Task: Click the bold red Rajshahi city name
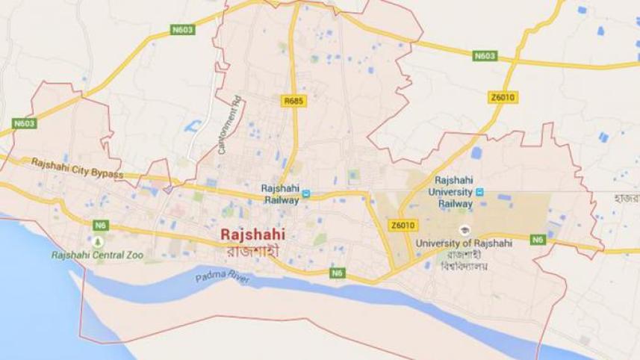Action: pyautogui.click(x=252, y=235)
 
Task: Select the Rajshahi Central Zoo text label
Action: pyautogui.click(x=97, y=255)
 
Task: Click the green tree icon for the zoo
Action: pyautogui.click(x=97, y=241)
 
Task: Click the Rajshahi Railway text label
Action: pyautogui.click(x=280, y=193)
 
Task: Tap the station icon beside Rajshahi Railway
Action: pyautogui.click(x=306, y=198)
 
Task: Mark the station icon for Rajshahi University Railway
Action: pyautogui.click(x=479, y=192)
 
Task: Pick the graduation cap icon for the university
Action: pyautogui.click(x=463, y=229)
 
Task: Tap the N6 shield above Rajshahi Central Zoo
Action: pyautogui.click(x=100, y=225)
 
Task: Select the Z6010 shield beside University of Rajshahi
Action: pyautogui.click(x=401, y=226)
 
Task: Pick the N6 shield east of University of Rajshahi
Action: pyautogui.click(x=538, y=240)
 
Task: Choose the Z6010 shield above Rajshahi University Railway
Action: pyautogui.click(x=503, y=98)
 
